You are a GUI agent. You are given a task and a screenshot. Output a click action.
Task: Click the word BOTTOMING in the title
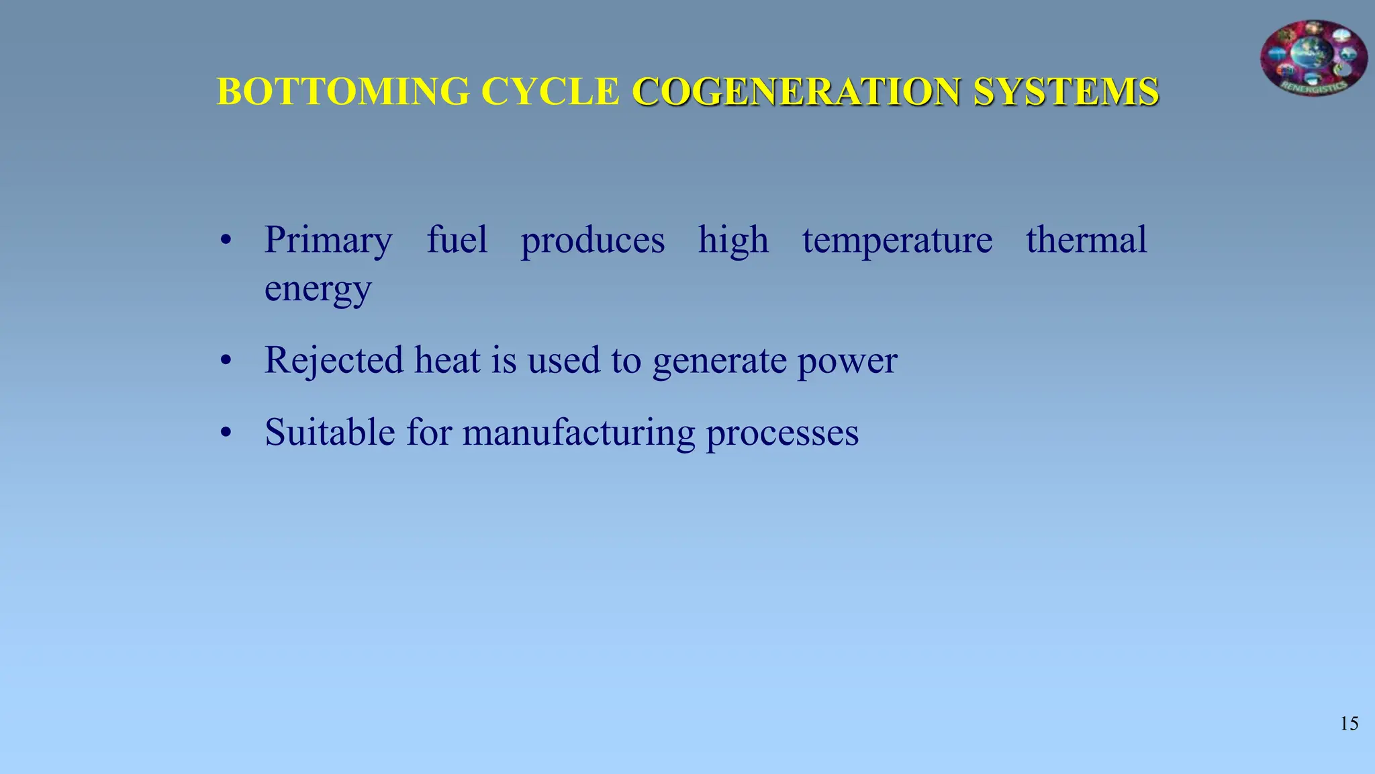pos(343,91)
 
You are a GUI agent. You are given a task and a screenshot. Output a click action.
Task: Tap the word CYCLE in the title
pos(551,91)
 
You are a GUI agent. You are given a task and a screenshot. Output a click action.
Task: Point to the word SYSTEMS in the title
pos(1066,91)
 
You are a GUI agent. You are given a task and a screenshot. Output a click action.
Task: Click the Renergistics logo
pos(1313,58)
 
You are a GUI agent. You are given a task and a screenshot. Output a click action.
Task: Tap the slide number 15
pos(1349,724)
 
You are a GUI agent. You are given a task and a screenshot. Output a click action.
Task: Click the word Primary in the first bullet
pos(328,241)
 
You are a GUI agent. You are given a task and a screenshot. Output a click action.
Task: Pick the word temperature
pos(897,241)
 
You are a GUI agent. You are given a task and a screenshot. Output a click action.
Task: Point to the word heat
pos(447,360)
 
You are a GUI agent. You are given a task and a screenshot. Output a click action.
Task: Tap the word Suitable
pos(330,432)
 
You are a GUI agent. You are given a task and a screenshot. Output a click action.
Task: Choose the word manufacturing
pos(579,433)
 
